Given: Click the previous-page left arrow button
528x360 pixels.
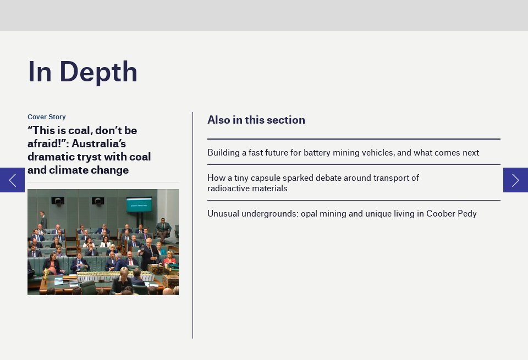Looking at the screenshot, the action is [12, 180].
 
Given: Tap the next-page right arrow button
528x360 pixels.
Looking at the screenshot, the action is [515, 180].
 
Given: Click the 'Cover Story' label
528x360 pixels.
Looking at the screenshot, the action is [46, 117].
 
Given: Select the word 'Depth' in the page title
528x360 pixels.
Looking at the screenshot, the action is [98, 71].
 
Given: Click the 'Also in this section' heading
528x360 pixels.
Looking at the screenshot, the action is [256, 120].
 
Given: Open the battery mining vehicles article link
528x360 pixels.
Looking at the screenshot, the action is [343, 152].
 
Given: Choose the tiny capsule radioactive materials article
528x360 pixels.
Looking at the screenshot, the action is [313, 182].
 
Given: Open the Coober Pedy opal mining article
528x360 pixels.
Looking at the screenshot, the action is [342, 213].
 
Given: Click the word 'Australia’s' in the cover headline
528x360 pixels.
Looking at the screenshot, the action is [98, 143].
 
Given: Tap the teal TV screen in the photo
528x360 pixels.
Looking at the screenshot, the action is [139, 204].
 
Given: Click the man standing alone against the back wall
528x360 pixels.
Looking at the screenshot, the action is [43, 220].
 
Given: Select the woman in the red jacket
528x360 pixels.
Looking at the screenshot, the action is [169, 257].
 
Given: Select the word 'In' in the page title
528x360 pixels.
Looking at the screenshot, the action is [40, 71].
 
